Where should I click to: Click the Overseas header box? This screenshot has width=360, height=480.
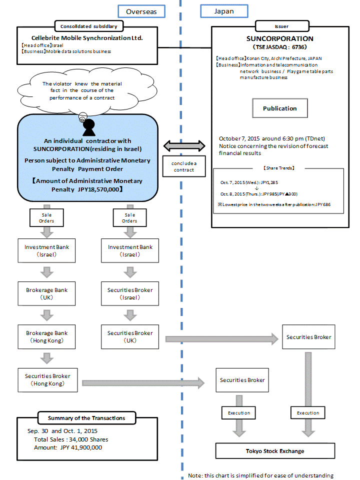click(141, 11)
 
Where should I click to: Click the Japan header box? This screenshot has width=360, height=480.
click(223, 11)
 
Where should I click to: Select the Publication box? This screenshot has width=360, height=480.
click(280, 108)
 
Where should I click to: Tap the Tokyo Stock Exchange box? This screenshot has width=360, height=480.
click(275, 451)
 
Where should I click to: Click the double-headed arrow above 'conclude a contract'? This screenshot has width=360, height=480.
click(184, 146)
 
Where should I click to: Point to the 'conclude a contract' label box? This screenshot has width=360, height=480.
click(184, 166)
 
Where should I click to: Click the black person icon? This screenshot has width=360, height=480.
click(89, 128)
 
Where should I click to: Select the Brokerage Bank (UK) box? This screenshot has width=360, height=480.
click(47, 293)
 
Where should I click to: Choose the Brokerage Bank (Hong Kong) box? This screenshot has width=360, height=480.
click(47, 336)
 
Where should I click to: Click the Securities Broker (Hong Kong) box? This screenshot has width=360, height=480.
click(47, 379)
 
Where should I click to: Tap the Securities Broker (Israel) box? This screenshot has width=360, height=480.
click(130, 293)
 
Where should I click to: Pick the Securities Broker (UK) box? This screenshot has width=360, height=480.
click(130, 336)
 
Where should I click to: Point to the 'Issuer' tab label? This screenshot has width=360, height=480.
click(281, 26)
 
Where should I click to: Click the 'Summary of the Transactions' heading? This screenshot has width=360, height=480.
click(86, 418)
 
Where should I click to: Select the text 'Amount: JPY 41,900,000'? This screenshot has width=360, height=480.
click(65, 447)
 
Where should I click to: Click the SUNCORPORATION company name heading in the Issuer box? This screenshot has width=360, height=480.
click(280, 38)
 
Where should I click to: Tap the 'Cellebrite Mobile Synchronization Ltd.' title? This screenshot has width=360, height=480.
click(87, 37)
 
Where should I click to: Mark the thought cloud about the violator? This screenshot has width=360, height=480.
click(82, 90)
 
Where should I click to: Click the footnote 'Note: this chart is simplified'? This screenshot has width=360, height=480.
click(260, 475)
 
